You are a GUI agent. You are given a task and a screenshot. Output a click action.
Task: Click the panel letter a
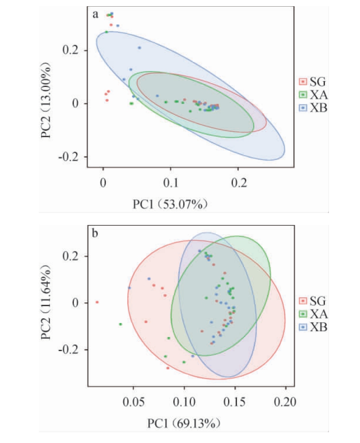95,15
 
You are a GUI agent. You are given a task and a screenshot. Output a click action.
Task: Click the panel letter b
95,234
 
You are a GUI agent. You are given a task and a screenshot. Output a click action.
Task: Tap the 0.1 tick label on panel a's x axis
171,182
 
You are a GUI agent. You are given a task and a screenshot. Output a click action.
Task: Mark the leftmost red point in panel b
97,302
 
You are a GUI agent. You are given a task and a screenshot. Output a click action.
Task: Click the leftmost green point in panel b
120,324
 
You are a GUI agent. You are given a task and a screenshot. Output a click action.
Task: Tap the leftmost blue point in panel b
129,288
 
